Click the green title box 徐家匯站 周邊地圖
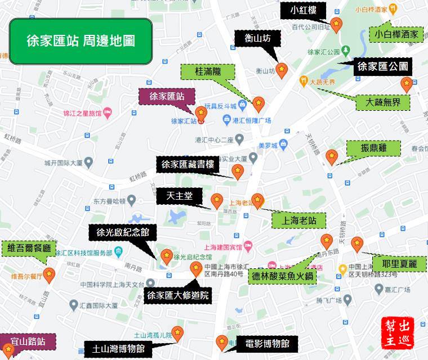click(x=81, y=41)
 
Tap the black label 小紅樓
click(x=303, y=10)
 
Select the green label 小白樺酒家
click(x=396, y=34)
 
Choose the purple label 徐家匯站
click(x=167, y=97)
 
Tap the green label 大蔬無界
click(x=383, y=102)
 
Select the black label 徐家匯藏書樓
click(x=188, y=165)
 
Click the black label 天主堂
click(x=180, y=196)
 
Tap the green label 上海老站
click(x=298, y=219)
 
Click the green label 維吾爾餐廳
click(x=29, y=247)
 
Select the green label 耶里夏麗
click(x=399, y=263)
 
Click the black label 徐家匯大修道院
click(x=177, y=295)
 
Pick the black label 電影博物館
click(x=267, y=343)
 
